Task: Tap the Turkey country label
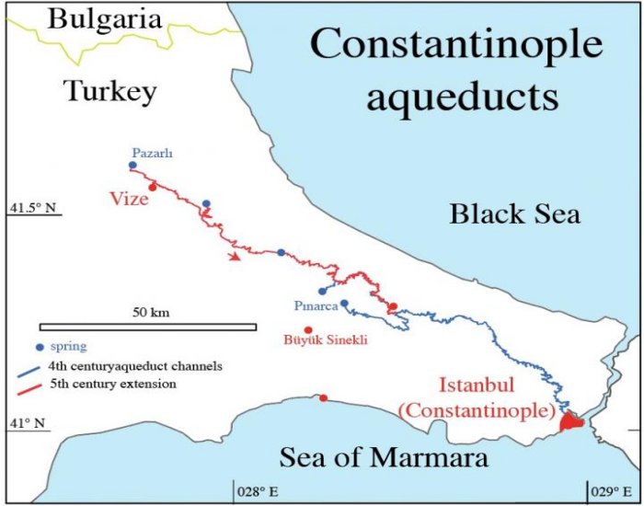110,91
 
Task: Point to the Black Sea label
514,214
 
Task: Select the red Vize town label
132,199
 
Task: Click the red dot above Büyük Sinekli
308,330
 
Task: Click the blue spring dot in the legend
39,347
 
